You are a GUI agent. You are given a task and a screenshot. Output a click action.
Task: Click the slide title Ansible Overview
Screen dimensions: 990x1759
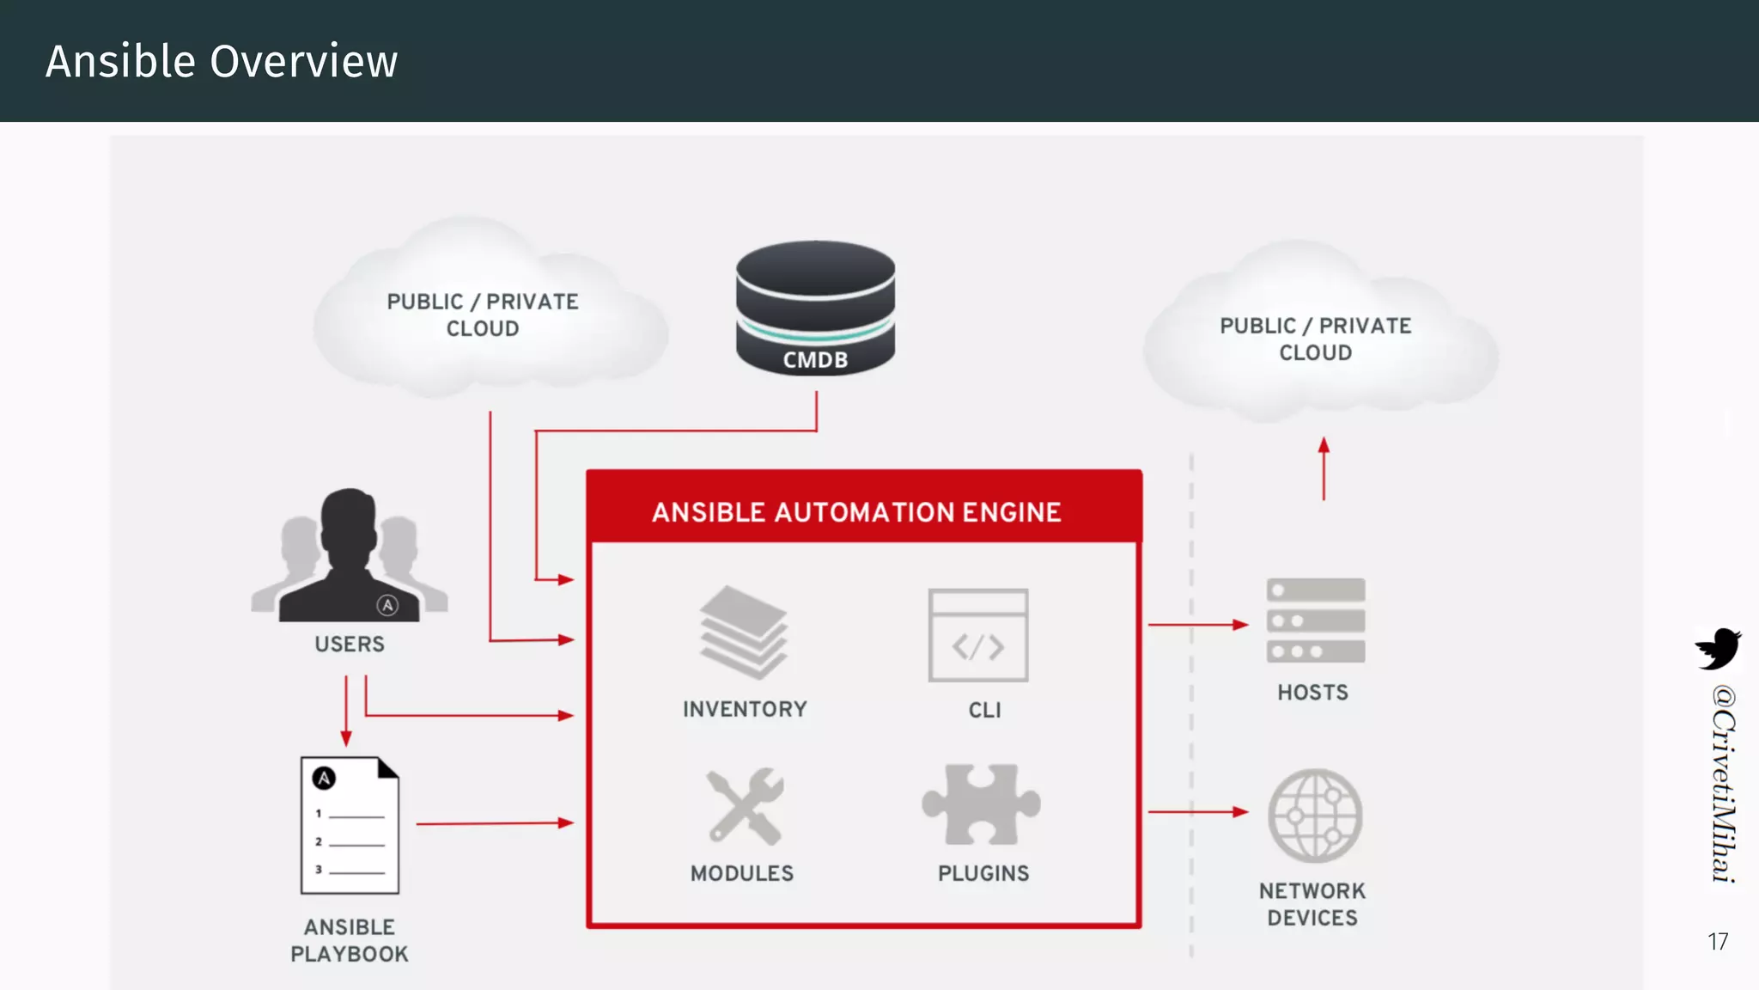coord(222,62)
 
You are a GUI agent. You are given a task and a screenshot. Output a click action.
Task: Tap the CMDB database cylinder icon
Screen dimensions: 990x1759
coord(815,308)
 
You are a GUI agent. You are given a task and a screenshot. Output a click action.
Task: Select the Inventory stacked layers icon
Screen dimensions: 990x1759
coord(744,632)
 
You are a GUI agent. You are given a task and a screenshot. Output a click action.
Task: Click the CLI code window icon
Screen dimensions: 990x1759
coord(978,635)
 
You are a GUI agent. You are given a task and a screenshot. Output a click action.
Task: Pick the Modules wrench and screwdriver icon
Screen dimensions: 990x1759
coord(745,806)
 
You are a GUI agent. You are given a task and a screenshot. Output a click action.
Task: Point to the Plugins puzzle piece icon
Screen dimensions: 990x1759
coord(981,804)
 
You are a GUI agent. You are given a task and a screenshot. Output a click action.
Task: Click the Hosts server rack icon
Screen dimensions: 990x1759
coord(1315,620)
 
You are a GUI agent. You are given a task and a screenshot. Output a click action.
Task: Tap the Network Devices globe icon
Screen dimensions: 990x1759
coord(1315,816)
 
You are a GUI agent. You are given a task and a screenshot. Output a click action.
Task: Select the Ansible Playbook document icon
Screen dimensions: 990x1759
coord(350,825)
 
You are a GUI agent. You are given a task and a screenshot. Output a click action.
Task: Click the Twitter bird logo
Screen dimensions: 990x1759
coord(1718,648)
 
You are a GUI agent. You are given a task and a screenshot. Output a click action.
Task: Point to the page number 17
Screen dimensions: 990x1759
coord(1718,942)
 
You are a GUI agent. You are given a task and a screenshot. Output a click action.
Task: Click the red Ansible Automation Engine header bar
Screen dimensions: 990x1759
coord(863,511)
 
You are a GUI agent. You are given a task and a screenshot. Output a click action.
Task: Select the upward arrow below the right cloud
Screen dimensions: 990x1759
coord(1324,468)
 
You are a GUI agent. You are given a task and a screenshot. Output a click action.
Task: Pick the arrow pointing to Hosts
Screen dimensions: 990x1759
coord(1198,625)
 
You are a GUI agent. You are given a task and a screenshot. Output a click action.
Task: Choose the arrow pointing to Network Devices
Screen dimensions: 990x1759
coord(1198,811)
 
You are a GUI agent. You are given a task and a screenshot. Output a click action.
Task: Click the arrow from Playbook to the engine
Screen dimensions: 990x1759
coord(495,823)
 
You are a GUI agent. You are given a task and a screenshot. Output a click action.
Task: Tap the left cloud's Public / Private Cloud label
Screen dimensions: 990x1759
coord(483,315)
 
